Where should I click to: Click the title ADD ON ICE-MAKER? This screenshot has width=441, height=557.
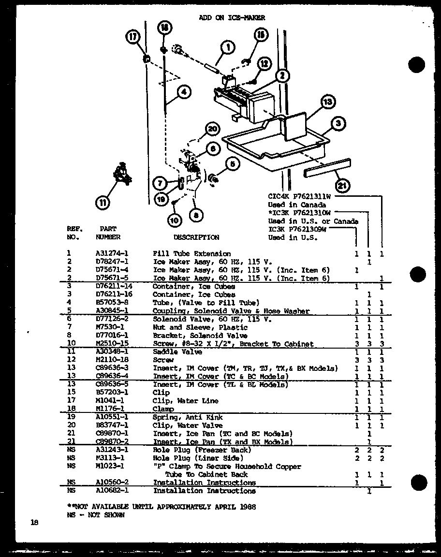pos(232,18)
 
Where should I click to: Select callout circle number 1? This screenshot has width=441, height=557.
pos(227,47)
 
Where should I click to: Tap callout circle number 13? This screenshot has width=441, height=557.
pos(328,102)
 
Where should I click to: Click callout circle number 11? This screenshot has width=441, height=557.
pos(103,202)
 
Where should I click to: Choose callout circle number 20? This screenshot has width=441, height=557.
pos(212,130)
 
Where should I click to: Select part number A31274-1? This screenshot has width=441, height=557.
pos(112,253)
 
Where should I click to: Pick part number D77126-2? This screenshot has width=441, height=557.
pos(112,320)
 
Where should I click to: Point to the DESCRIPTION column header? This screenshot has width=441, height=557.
pos(196,237)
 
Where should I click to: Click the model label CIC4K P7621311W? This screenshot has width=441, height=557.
pos(299,196)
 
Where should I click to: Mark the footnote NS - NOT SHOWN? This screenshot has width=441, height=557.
pos(95,515)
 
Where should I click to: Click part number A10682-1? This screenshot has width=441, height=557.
pos(112,491)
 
